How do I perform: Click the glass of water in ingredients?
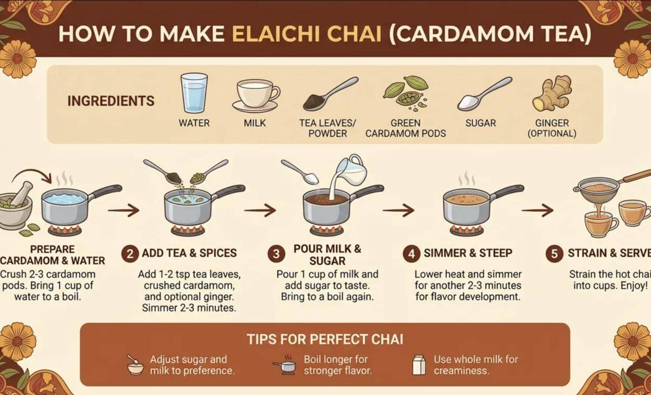[194, 93]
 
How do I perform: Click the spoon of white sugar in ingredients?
[484, 93]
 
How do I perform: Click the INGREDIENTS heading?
[111, 101]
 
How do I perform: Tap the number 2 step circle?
[130, 254]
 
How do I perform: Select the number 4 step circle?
[411, 254]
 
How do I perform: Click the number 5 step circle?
[554, 254]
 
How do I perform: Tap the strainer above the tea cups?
[604, 186]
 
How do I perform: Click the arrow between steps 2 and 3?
[260, 210]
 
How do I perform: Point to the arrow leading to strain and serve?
[538, 210]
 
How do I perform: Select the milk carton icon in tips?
[419, 365]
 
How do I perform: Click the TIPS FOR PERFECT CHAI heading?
[325, 339]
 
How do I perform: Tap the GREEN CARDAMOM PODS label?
[405, 128]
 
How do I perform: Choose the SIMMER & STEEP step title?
[468, 253]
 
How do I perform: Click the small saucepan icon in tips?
[285, 365]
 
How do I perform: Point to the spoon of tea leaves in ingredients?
[331, 93]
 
